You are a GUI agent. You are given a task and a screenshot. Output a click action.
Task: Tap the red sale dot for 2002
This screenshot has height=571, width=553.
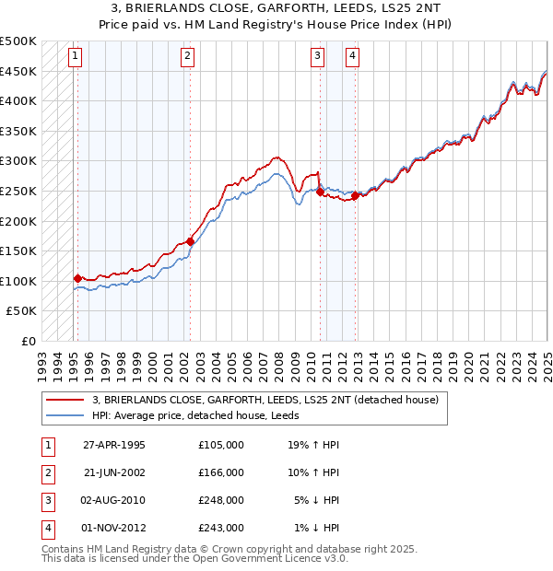click(x=191, y=241)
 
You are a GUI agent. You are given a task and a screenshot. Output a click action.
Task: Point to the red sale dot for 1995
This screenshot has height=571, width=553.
click(x=77, y=278)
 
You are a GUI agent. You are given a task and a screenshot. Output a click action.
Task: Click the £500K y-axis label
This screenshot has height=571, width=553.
click(x=18, y=42)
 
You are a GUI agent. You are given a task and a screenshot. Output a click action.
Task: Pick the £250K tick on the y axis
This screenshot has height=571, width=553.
click(x=18, y=191)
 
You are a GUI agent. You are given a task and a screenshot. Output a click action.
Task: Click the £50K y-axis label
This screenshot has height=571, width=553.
click(x=22, y=311)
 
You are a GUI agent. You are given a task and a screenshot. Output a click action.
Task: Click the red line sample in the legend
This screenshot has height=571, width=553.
click(x=65, y=401)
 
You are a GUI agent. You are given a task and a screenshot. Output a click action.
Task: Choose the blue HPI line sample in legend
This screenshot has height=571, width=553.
click(x=65, y=415)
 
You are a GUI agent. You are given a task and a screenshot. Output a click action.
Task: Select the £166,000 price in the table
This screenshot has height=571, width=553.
click(x=221, y=472)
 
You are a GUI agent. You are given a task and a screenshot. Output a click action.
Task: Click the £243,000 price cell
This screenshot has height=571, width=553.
click(x=221, y=528)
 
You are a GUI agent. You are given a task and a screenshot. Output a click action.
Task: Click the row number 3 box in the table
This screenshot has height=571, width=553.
click(x=46, y=500)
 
